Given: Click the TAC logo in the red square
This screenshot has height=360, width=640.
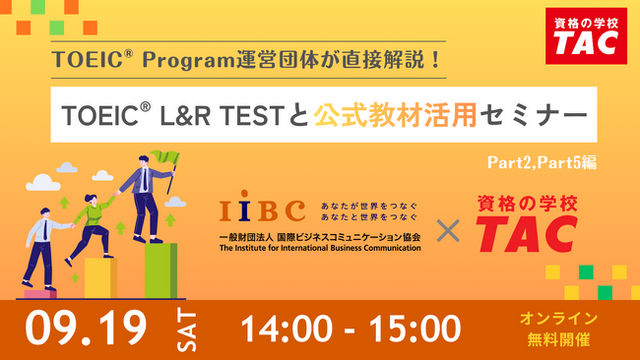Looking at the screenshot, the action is tap(586, 36).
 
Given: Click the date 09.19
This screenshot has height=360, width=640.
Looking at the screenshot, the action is tap(86, 328).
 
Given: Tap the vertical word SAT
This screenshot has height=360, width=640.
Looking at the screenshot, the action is tap(187, 330).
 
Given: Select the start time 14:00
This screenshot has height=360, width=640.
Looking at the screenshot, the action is tap(287, 329).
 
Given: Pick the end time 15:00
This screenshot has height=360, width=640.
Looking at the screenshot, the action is tap(415, 329).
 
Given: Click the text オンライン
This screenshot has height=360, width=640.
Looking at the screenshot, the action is tap(558, 318).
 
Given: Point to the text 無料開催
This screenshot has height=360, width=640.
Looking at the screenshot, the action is tap(558, 339).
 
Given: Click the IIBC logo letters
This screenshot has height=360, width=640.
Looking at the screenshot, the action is tap(262, 206).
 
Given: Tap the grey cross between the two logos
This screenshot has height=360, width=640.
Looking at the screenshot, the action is tap(448, 231).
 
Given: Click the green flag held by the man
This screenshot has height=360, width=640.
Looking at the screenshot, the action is tap(166, 157).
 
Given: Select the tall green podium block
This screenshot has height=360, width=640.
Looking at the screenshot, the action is tap(161, 271).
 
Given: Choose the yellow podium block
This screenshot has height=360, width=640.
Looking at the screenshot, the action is tap(101, 278).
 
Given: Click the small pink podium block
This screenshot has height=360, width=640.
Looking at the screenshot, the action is tap(40, 294).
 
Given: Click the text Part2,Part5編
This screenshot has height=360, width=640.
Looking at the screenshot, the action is tap(542, 162).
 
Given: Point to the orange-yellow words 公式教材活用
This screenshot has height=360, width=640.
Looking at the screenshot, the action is tap(395, 115).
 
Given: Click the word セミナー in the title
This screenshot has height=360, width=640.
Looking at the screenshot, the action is tap(534, 115).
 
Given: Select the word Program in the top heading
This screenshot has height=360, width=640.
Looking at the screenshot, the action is tap(189, 61).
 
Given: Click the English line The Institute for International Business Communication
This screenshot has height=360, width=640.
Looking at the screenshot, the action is tap(320, 248).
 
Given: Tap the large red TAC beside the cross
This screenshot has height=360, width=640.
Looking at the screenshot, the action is tap(527, 233).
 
